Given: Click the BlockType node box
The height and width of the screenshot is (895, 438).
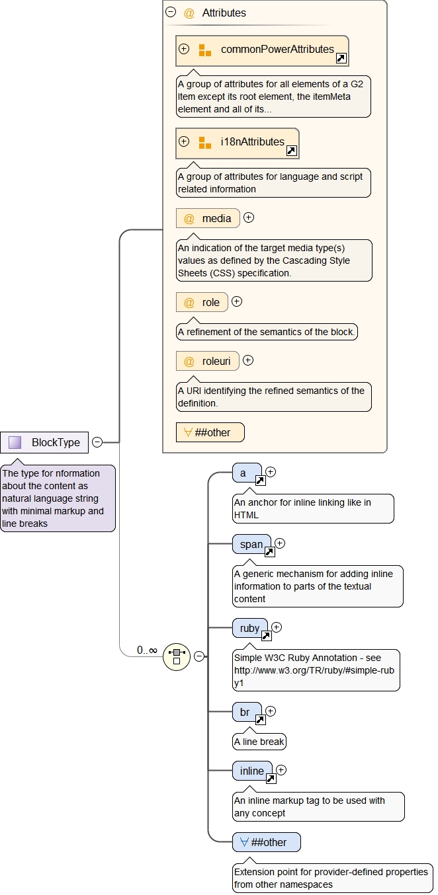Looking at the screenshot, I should tap(44, 442).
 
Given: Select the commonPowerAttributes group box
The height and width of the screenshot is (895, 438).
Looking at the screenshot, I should tap(262, 50).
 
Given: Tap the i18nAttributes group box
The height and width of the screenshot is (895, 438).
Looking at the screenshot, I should tap(237, 143).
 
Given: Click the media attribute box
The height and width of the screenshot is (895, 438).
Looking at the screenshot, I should tap(208, 218).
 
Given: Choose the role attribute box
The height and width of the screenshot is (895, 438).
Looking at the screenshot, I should tap(202, 302).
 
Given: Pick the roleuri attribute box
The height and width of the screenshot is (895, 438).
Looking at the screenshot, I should tap(208, 361).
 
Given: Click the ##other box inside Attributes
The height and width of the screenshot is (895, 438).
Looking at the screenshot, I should tap(210, 432).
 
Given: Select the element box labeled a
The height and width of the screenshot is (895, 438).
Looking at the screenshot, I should tap(247, 473).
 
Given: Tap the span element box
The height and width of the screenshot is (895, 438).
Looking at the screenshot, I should tap(251, 545).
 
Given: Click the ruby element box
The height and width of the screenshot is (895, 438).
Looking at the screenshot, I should tap(250, 629).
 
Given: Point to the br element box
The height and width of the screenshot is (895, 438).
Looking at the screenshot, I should tap(247, 713).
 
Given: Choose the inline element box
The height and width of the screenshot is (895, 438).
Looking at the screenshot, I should tap(252, 771).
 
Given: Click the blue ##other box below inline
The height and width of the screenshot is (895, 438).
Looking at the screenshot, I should tap(266, 842).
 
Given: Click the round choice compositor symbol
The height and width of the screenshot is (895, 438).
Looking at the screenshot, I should tap(177, 656).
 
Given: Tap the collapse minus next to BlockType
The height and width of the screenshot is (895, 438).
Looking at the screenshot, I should tap(97, 442).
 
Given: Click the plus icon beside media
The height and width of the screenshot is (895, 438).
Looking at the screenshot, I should tap(249, 217).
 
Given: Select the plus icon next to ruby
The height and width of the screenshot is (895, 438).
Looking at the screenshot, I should tap(277, 627).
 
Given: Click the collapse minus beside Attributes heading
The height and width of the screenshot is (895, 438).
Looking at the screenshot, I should tap(171, 12).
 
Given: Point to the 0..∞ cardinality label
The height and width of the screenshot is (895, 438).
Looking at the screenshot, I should tap(147, 650).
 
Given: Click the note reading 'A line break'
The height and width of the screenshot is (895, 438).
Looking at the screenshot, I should tap(259, 742).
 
